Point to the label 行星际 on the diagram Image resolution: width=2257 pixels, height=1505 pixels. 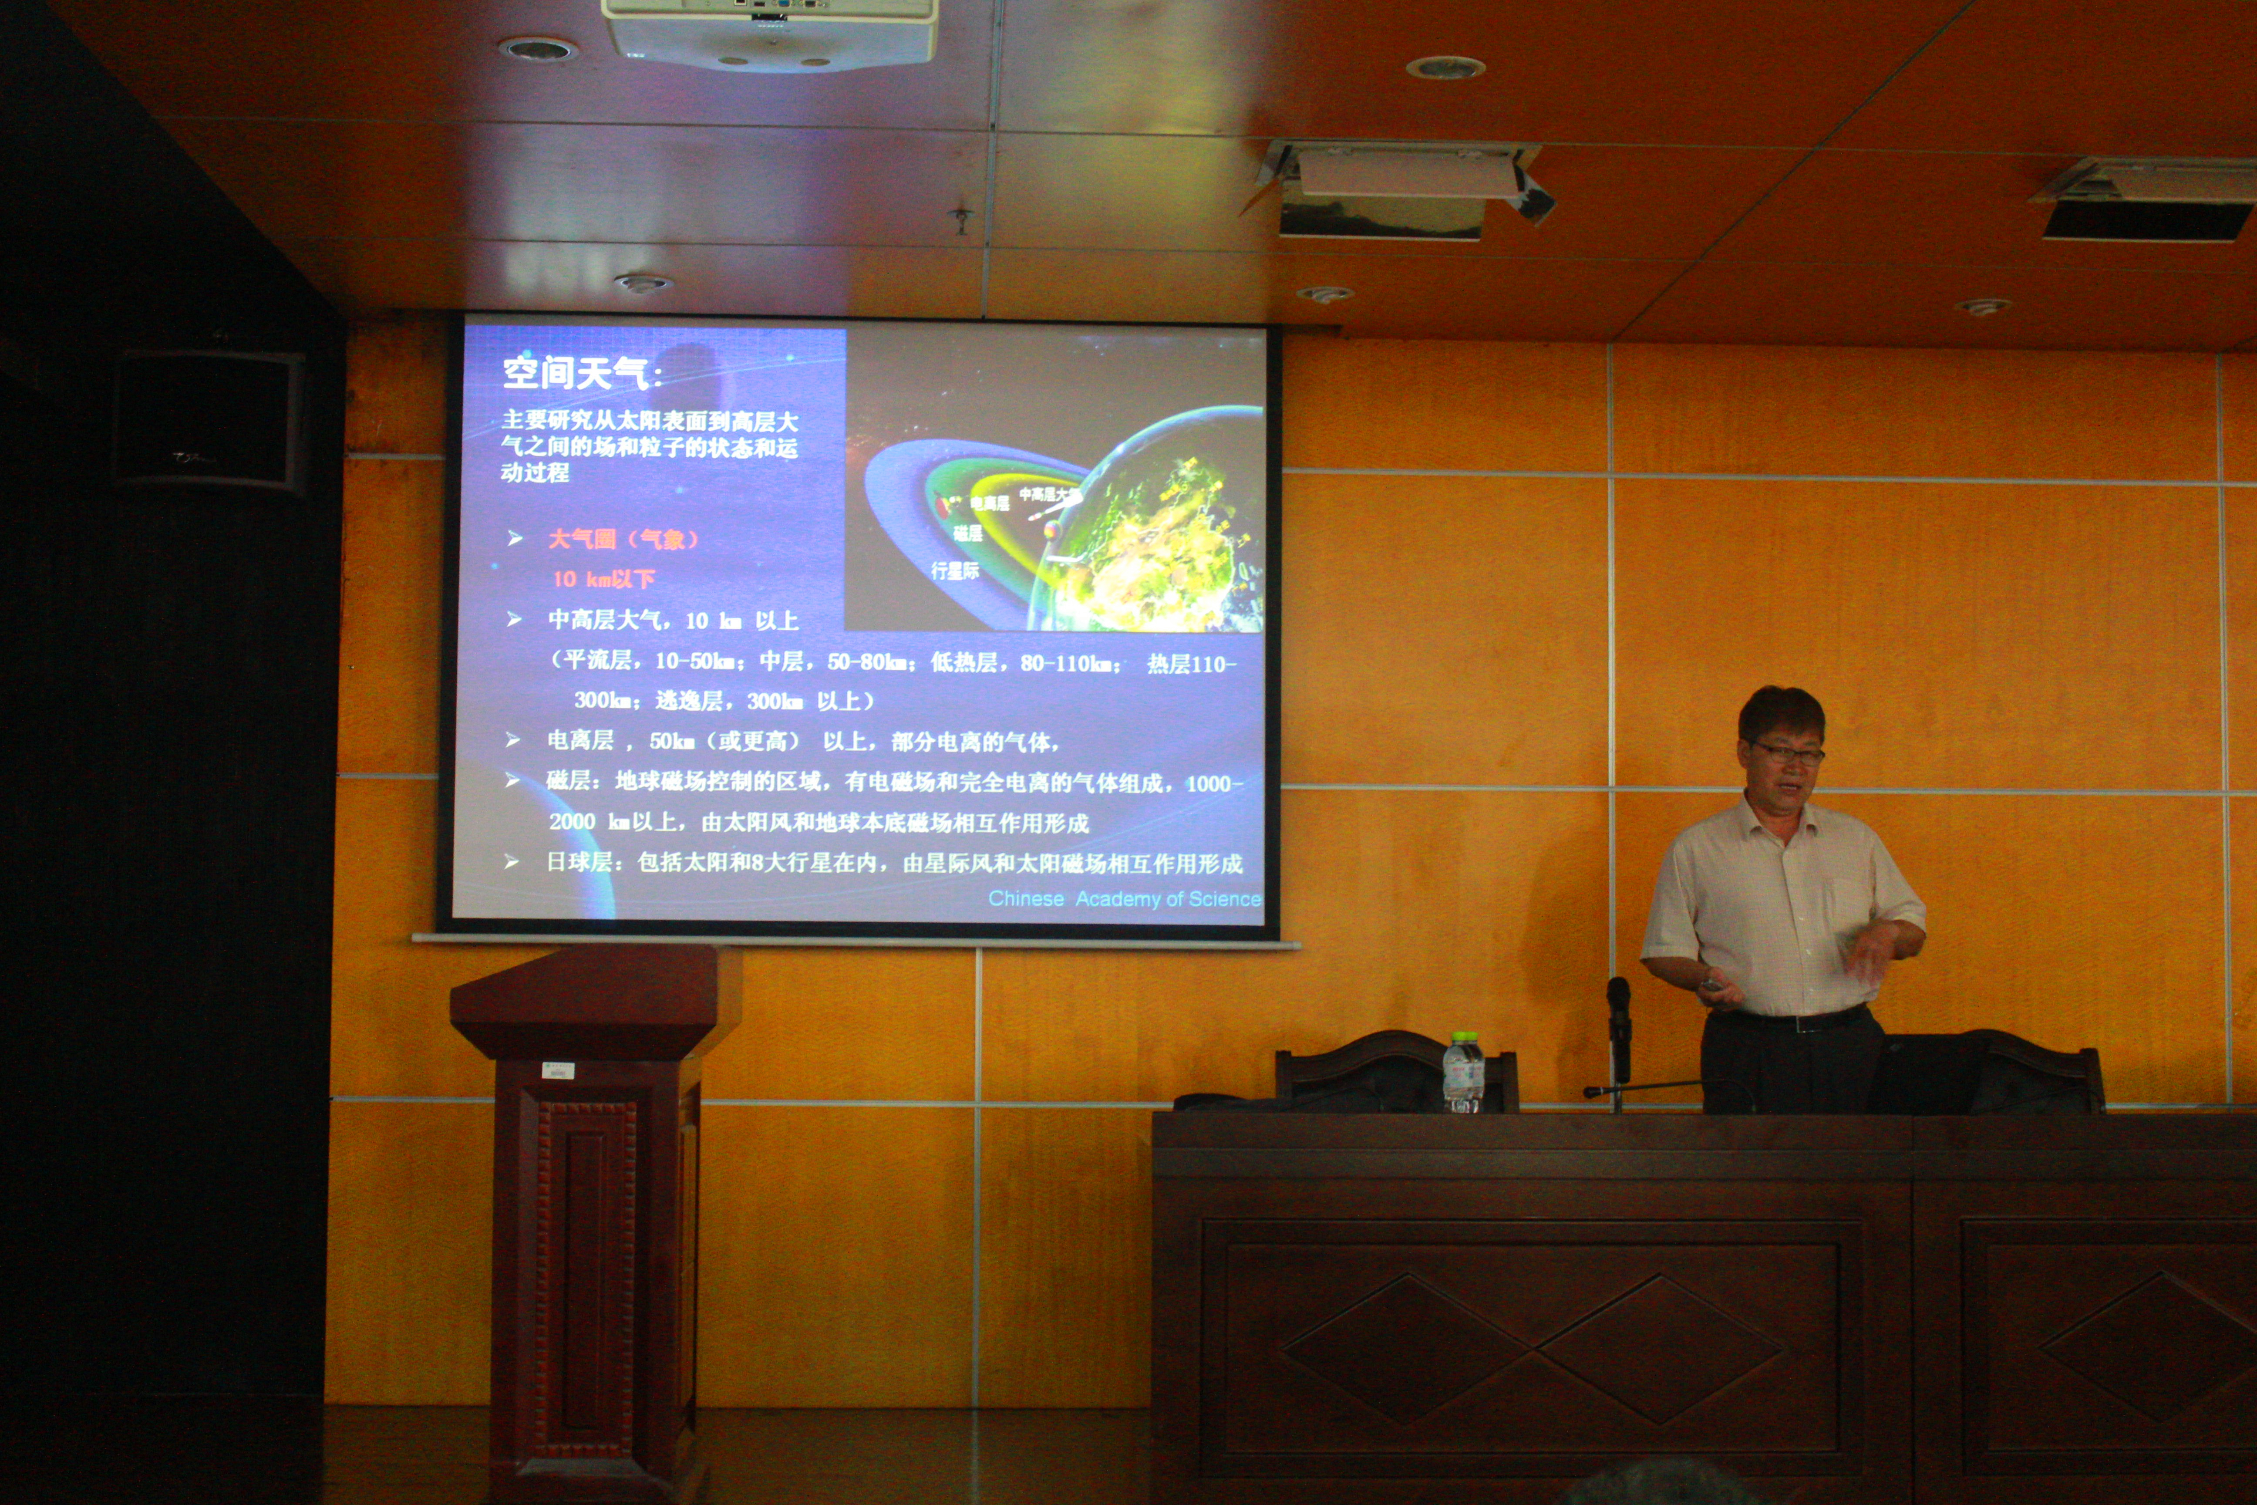[955, 571]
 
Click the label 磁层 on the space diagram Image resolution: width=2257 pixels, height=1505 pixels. [967, 533]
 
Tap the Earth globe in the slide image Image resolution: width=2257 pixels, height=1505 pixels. [1161, 537]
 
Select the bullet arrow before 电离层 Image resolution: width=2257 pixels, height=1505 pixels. [513, 740]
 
